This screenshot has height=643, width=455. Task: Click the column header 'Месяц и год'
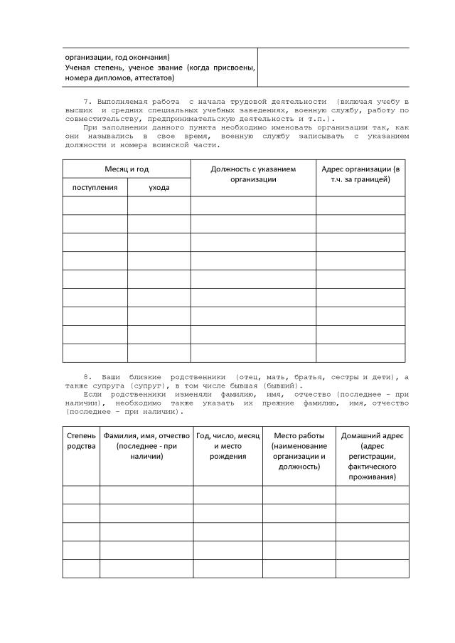127,169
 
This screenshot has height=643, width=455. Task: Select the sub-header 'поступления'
95,187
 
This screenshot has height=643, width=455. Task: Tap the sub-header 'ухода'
159,187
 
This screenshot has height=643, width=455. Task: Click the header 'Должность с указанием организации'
253,174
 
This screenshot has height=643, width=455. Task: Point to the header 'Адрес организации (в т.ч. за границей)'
360,174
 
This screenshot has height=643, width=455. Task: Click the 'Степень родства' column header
80,440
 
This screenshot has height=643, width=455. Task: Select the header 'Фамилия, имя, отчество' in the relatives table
146,445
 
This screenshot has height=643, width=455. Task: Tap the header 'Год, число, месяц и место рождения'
228,445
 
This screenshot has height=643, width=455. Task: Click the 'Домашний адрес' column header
372,455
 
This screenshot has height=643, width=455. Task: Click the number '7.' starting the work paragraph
89,102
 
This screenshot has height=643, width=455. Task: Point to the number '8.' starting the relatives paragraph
87,376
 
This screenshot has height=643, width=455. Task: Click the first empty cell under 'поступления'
95,206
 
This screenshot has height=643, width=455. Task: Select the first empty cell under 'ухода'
159,206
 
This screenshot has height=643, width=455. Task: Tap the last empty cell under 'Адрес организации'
360,353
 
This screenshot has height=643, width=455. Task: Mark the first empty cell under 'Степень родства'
80,495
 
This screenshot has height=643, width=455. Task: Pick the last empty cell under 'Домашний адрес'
372,568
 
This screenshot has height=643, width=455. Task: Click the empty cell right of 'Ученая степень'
333,68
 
